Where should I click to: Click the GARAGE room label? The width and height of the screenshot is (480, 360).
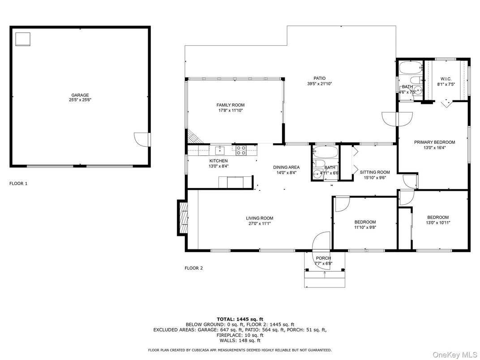[80, 95]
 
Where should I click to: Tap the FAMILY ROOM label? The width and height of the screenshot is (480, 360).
[231, 105]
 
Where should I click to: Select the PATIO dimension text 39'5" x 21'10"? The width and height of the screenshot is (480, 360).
[319, 84]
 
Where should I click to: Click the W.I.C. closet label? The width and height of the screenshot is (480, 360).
[446, 79]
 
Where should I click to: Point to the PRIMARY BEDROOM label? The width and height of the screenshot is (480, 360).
[434, 142]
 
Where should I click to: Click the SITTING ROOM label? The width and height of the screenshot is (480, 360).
[375, 172]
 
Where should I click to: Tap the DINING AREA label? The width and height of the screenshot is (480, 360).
[287, 167]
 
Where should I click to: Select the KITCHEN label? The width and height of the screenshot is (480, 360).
[219, 161]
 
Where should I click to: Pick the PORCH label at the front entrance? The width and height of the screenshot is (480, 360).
[323, 258]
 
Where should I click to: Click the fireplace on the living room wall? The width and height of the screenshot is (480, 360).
[182, 218]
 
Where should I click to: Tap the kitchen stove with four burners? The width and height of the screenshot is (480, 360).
[241, 150]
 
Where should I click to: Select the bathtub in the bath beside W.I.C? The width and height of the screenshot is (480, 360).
[410, 68]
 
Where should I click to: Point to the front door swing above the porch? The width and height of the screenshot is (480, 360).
[321, 241]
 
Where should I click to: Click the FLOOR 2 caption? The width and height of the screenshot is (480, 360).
[194, 268]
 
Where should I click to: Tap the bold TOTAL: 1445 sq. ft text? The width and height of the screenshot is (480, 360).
[240, 319]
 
